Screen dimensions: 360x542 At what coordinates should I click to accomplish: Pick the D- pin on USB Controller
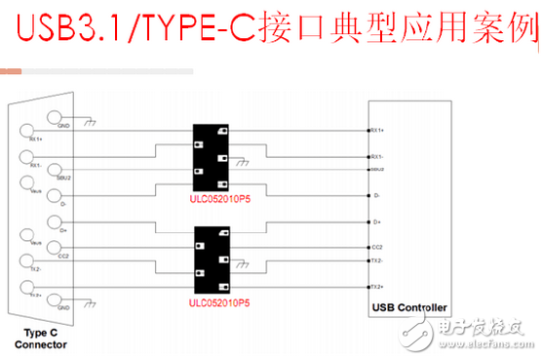pos(375,196)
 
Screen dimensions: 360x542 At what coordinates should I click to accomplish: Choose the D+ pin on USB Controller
pos(375,223)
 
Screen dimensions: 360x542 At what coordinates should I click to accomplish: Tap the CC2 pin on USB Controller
pos(375,248)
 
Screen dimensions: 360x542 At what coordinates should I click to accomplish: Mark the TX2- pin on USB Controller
pos(375,261)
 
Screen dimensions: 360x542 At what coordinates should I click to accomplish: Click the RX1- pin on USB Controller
pos(375,155)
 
